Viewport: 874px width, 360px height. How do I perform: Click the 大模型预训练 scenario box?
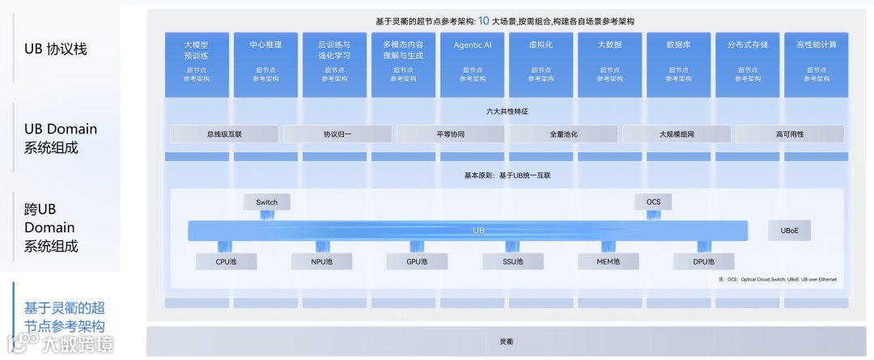[x=196, y=64]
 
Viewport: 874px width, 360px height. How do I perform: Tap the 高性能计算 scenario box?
[x=816, y=64]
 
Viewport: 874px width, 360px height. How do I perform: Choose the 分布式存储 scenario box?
[x=747, y=64]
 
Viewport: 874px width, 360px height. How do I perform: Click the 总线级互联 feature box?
[x=224, y=133]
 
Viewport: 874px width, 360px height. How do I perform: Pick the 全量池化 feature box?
[x=563, y=133]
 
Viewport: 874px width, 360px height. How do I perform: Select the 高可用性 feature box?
[x=790, y=133]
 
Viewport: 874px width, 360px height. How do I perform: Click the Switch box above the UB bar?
[x=266, y=201]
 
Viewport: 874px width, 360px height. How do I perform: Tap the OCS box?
[x=653, y=201]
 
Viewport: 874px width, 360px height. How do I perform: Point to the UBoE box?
[x=789, y=231]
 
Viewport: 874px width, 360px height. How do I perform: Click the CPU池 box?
[x=227, y=261]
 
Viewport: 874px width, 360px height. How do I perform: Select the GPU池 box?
[x=418, y=261]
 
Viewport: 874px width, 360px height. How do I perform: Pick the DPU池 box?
[x=704, y=261]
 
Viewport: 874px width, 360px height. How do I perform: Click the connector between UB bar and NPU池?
[x=321, y=247]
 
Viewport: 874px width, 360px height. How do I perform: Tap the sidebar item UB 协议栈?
[x=56, y=49]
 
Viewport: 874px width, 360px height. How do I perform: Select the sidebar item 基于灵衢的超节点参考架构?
[x=64, y=316]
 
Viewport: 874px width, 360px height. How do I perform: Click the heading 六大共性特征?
[x=507, y=111]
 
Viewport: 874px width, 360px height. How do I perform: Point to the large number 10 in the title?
[x=483, y=20]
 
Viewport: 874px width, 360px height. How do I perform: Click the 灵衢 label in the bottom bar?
[x=507, y=341]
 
